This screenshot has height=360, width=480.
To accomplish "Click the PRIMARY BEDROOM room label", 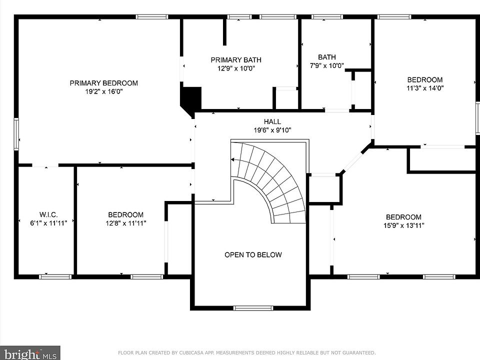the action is pyautogui.click(x=104, y=83).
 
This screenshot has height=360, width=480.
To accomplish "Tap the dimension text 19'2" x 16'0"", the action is pyautogui.click(x=104, y=91).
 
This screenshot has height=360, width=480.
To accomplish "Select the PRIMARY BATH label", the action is pyautogui.click(x=236, y=59).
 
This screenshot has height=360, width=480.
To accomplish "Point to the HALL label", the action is pyautogui.click(x=272, y=121).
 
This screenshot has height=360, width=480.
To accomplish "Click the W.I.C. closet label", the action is pyautogui.click(x=48, y=214).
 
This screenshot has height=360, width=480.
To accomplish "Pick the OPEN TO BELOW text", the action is pyautogui.click(x=253, y=254).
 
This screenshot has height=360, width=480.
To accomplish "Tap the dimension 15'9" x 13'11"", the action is pyautogui.click(x=404, y=225).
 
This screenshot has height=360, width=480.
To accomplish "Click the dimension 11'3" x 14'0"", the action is pyautogui.click(x=425, y=88).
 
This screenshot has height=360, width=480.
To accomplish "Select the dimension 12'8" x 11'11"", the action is pyautogui.click(x=126, y=223).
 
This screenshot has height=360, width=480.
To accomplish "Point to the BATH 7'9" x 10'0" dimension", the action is pyautogui.click(x=327, y=65).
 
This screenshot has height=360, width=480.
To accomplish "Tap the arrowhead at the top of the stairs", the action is pyautogui.click(x=232, y=159).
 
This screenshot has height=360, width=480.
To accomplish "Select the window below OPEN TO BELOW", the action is pyautogui.click(x=253, y=308).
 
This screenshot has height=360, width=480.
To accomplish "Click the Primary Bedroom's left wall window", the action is pyautogui.click(x=16, y=134).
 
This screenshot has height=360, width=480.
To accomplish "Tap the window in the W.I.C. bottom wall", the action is pyautogui.click(x=55, y=276).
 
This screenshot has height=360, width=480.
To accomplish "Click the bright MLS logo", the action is pyautogui.click(x=30, y=353).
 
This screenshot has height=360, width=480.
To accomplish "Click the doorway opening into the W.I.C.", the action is pyautogui.click(x=45, y=165).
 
